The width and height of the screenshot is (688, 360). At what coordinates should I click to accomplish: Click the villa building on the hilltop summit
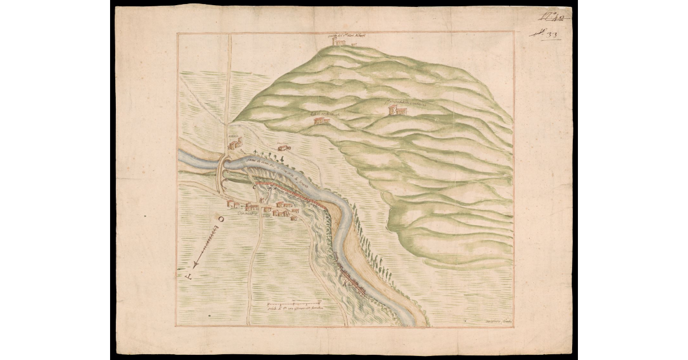339,42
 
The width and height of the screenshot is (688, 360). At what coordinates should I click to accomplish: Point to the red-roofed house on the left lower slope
322,120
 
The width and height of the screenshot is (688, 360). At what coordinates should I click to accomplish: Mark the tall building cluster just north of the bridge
235,143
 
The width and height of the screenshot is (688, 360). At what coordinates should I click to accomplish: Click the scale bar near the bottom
294,302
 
